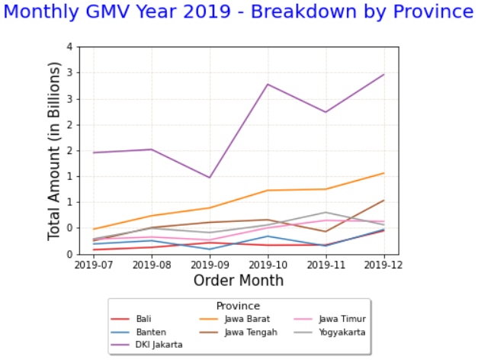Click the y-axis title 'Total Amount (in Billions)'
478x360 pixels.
(54, 150)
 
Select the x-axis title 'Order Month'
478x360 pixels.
(238, 281)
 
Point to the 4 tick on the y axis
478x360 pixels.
(69, 47)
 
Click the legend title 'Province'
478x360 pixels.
(238, 306)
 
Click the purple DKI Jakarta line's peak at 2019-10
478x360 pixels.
(268, 84)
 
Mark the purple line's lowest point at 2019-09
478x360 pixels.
(210, 178)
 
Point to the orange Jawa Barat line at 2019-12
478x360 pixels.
(384, 173)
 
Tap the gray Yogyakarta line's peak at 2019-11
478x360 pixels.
(326, 212)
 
